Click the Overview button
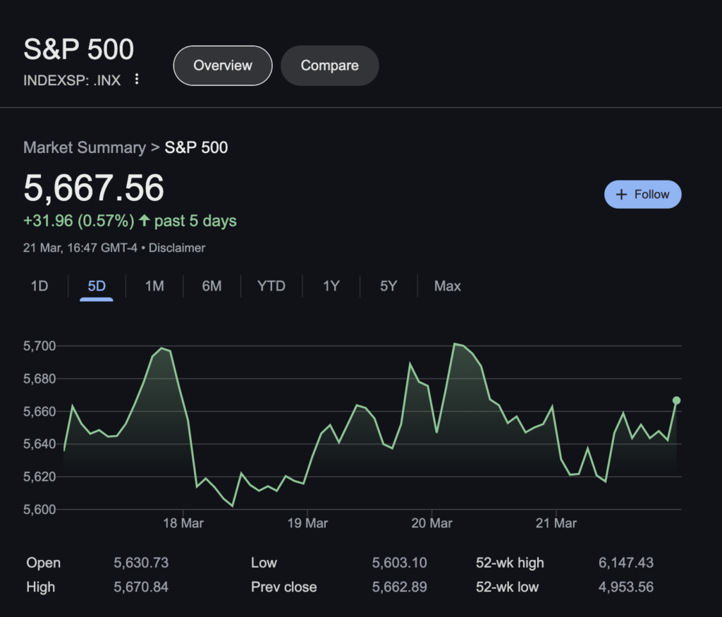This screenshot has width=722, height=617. click(x=223, y=66)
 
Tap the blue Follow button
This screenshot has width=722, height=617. click(x=642, y=195)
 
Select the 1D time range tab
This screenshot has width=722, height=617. click(x=39, y=286)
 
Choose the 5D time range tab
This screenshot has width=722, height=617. click(x=97, y=286)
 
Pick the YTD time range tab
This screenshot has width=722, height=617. click(x=271, y=286)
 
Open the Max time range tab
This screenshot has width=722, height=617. click(x=447, y=286)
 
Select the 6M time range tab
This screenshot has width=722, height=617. click(x=212, y=286)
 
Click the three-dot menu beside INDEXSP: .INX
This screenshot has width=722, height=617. click(x=137, y=80)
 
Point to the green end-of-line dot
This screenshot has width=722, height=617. click(x=676, y=401)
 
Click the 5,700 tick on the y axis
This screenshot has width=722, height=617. click(x=39, y=346)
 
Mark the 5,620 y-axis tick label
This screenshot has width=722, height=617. click(x=39, y=477)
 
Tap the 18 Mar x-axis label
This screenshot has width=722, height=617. click(x=183, y=523)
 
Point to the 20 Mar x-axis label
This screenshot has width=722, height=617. click(x=432, y=523)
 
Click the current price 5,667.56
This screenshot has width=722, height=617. click(x=94, y=188)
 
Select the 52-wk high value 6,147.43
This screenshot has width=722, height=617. click(x=625, y=563)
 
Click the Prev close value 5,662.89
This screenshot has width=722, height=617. click(x=399, y=587)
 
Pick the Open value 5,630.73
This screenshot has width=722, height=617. click(x=141, y=563)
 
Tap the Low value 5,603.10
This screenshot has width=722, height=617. click(x=399, y=563)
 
